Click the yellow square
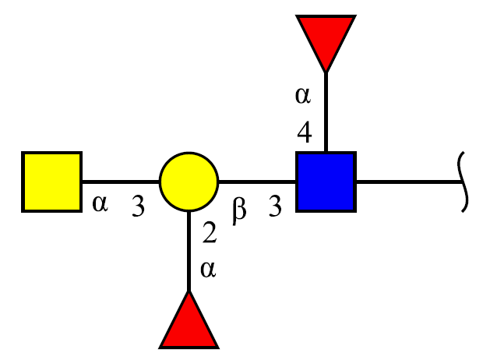(x=52, y=182)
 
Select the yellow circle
(x=189, y=182)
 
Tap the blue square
(x=326, y=182)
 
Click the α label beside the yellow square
(x=100, y=203)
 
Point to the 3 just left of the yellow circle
(x=138, y=206)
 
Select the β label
(x=239, y=211)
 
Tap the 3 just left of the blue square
(x=275, y=206)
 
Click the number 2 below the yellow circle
(x=210, y=232)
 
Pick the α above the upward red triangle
(x=208, y=270)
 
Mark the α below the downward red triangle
(x=303, y=95)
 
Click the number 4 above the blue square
(x=305, y=132)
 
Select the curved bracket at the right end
(x=463, y=182)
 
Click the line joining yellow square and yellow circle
(x=121, y=182)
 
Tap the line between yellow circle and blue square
(x=257, y=182)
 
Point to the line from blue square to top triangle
(x=326, y=112)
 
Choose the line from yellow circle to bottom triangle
(x=189, y=251)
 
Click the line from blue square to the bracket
(x=410, y=182)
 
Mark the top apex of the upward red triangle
(x=189, y=291)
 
